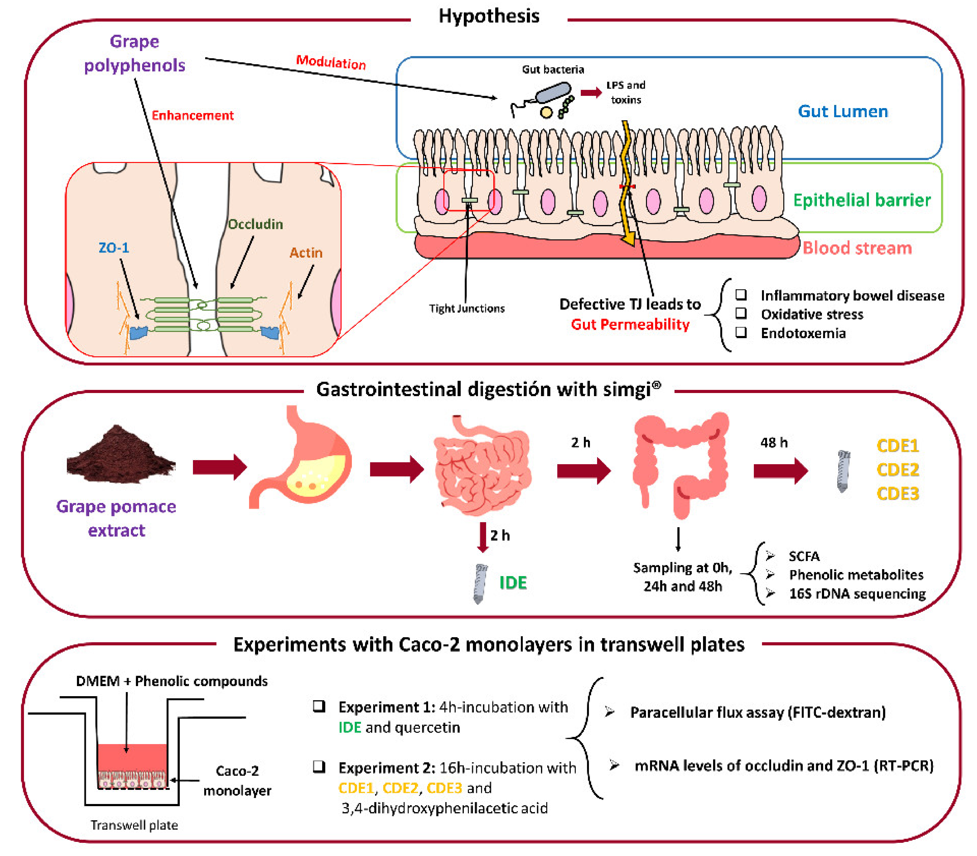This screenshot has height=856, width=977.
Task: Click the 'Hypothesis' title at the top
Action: coord(489,16)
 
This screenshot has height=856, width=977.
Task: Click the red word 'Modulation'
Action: coord(331,62)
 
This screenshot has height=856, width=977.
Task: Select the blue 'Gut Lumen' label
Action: coord(842,111)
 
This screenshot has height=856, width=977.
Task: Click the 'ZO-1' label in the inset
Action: coord(114,248)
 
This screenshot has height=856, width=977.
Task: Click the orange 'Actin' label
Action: coord(306,253)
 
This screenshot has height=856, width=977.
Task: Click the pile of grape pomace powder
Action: coord(120,454)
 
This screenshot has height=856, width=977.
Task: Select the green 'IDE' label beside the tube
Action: coord(513,583)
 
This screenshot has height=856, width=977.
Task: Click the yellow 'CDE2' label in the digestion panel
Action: coord(897,469)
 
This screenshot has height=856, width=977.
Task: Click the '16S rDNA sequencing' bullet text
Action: coord(857,594)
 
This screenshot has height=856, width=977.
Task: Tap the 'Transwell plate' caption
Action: coord(134,825)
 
